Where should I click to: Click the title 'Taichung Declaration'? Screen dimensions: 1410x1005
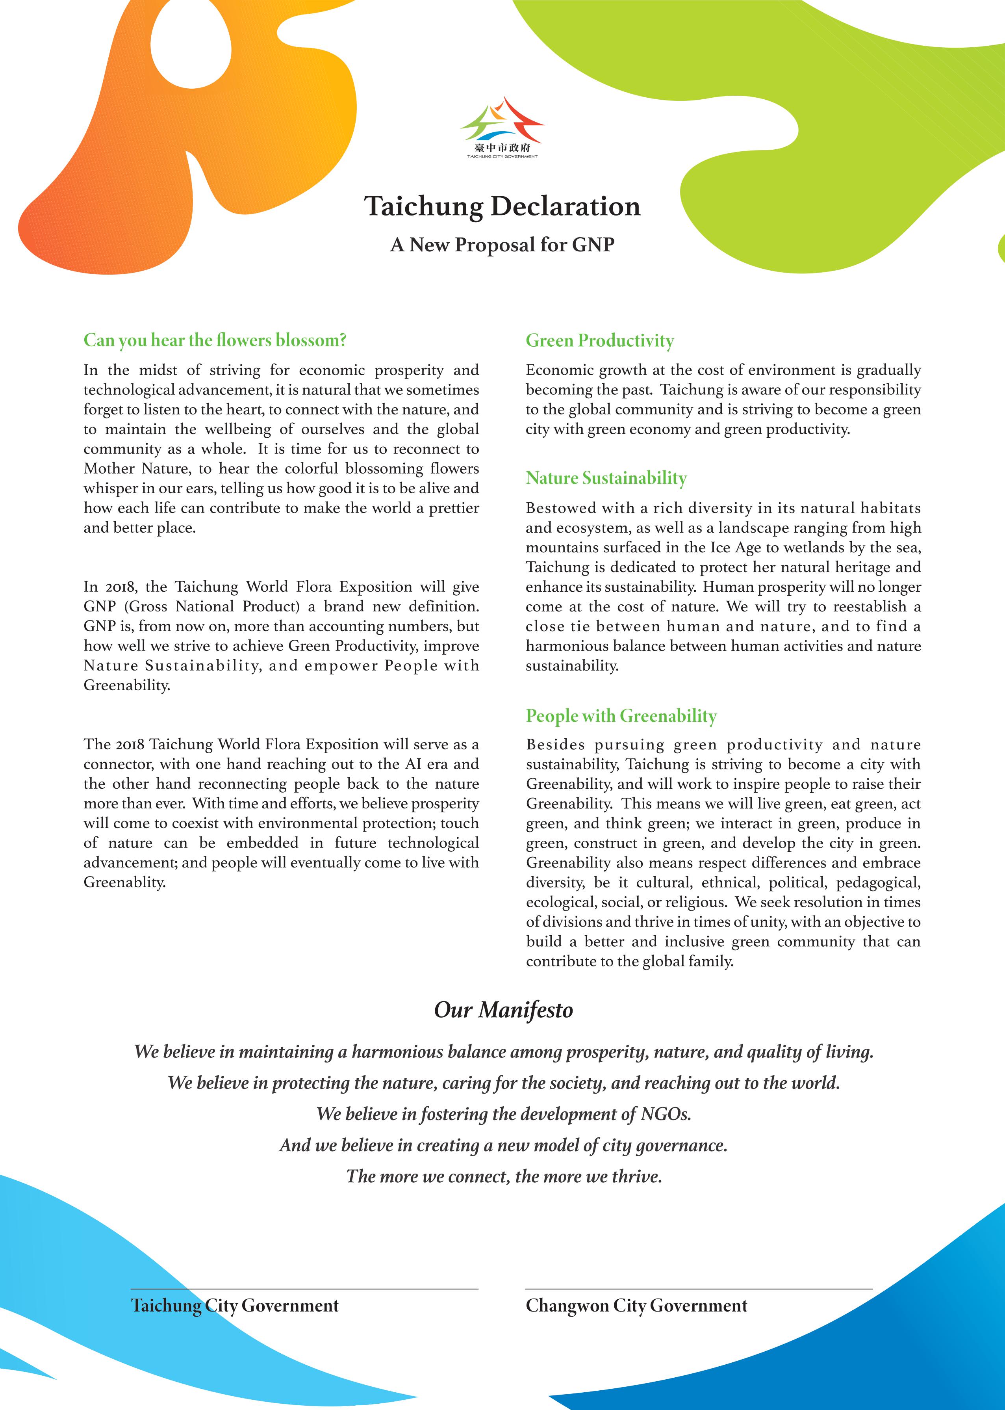(502, 206)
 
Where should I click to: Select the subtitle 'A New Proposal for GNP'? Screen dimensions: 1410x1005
(502, 245)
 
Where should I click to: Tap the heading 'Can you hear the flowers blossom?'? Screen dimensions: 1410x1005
(215, 340)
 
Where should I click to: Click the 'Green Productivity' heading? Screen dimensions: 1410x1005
(600, 340)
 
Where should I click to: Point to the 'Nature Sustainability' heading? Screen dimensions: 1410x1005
(606, 478)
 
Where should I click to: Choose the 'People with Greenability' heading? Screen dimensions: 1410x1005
(621, 716)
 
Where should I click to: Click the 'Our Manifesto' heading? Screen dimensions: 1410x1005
(503, 1009)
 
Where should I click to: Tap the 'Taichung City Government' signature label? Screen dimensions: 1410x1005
(235, 1305)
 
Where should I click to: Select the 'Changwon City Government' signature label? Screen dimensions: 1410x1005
(636, 1305)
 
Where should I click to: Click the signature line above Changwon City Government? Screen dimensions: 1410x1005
(698, 1289)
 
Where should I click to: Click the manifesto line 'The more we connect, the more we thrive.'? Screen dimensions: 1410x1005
(504, 1176)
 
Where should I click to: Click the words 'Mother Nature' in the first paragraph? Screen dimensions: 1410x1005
(136, 468)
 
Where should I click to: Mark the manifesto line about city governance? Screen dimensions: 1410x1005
(503, 1145)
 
